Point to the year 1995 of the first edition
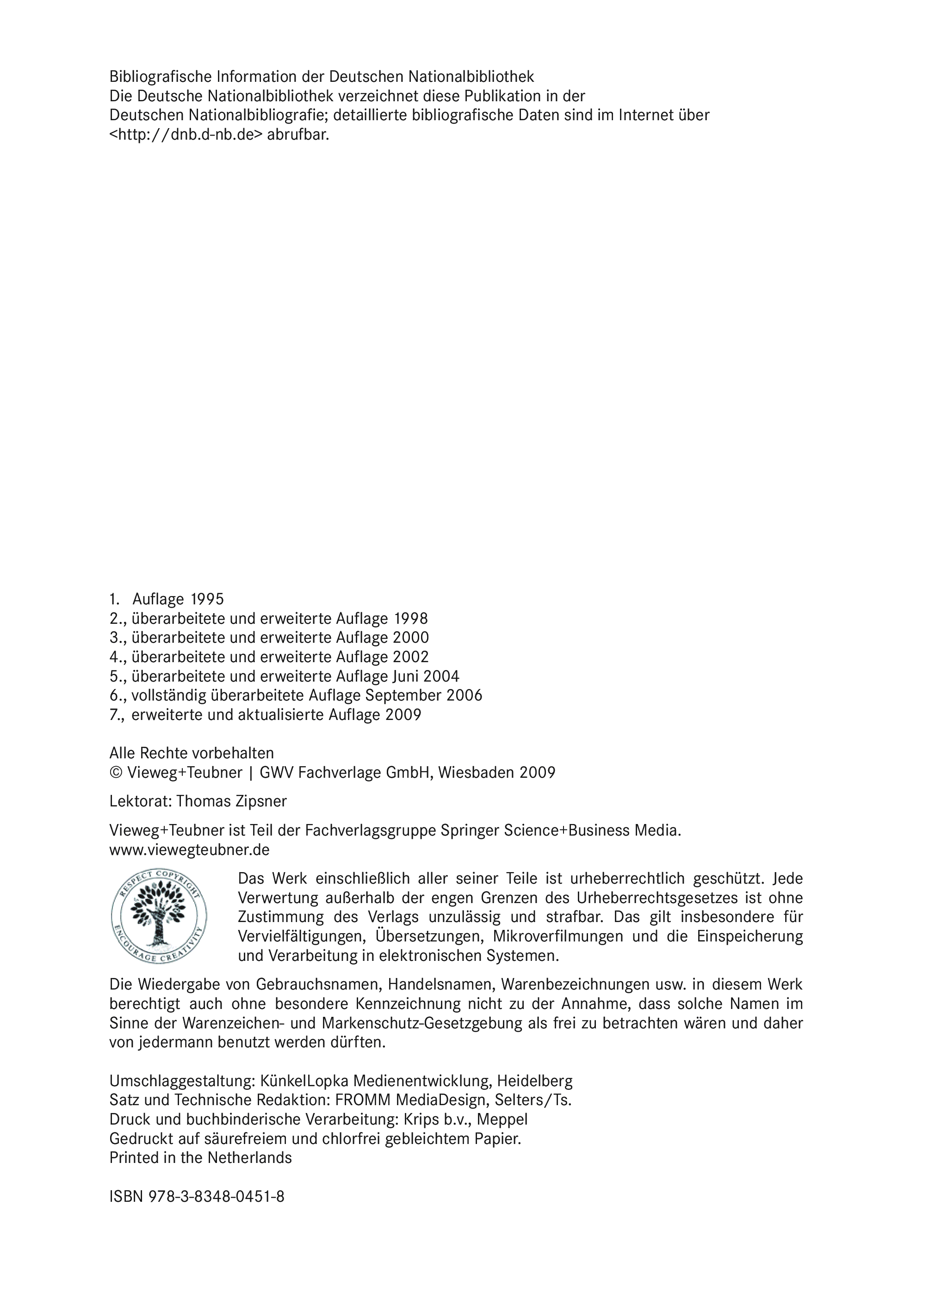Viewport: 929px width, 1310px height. point(207,599)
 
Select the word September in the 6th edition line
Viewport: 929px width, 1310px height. point(404,695)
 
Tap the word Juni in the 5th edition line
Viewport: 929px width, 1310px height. point(406,677)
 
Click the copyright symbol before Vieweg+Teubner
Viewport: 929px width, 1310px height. point(116,773)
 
